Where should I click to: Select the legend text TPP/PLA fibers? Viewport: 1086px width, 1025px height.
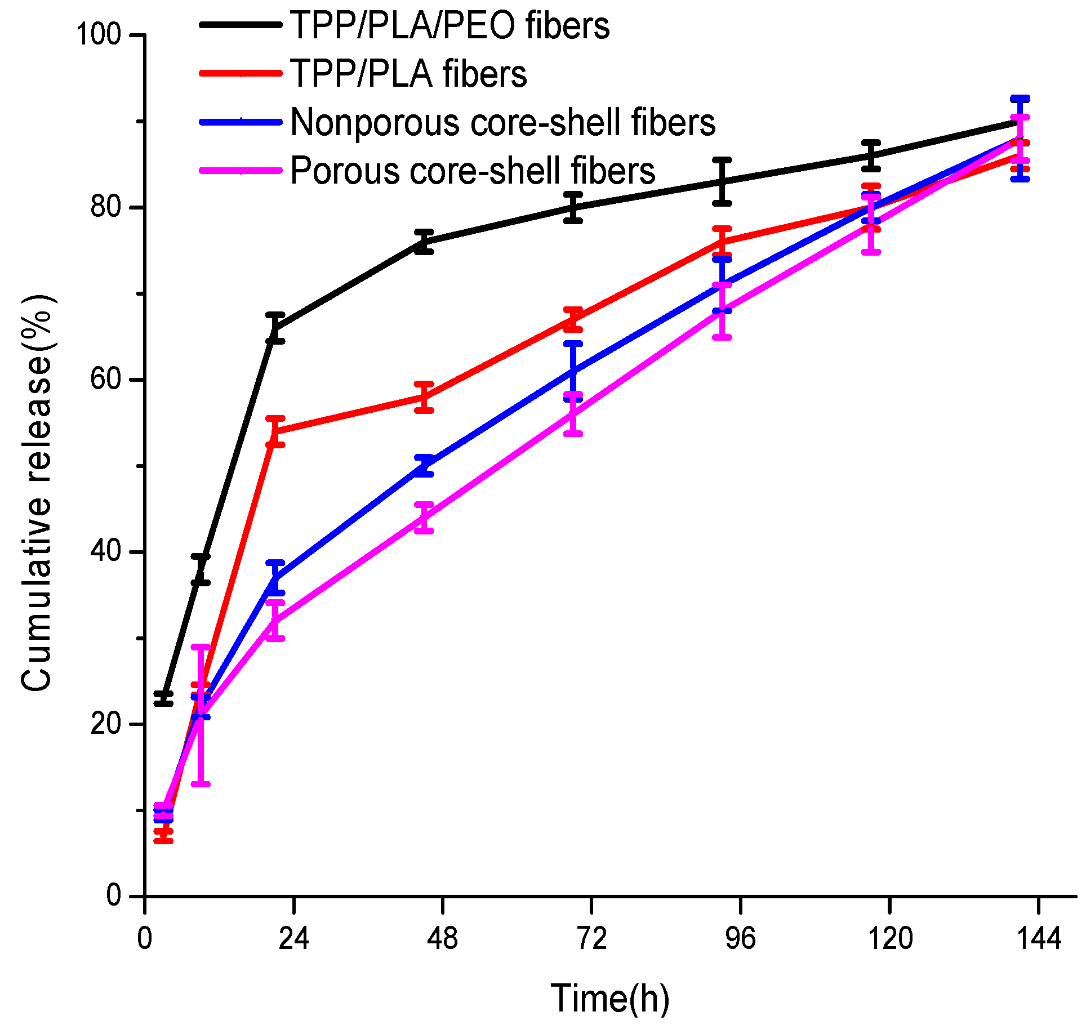(408, 74)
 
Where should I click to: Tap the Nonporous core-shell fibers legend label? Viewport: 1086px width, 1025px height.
(502, 122)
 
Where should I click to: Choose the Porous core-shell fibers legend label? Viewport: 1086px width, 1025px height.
(472, 170)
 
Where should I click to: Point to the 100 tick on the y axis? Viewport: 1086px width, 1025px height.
(99, 35)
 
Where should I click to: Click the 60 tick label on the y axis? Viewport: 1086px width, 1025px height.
(106, 380)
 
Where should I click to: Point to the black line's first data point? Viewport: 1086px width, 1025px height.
(163, 698)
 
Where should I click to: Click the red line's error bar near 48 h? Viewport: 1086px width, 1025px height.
(424, 397)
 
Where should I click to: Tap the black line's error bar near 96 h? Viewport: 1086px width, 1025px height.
(722, 181)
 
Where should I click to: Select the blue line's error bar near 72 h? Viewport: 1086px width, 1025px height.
(573, 371)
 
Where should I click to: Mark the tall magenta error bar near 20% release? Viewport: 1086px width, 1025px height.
(201, 715)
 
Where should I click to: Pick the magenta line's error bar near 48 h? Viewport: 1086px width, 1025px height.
(424, 517)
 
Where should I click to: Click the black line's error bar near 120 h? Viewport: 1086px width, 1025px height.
(871, 155)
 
